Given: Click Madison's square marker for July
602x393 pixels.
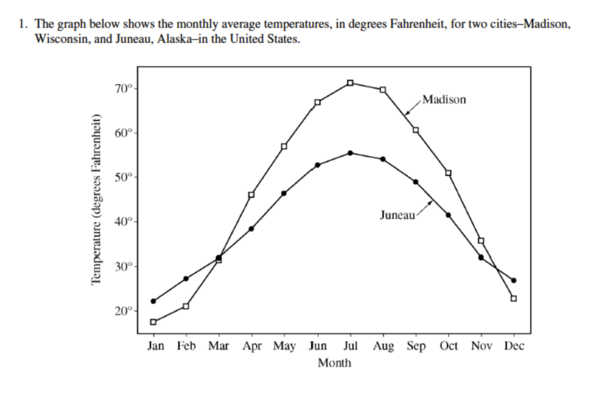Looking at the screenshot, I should [350, 83].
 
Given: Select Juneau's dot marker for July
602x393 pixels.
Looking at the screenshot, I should [350, 153].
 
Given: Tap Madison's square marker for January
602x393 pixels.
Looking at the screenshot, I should [154, 322].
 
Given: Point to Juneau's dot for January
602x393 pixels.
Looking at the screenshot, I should [154, 301].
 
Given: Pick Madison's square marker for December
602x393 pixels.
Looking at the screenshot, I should [514, 298].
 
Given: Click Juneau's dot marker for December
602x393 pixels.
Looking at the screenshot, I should [514, 280].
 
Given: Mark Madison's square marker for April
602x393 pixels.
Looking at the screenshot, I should [251, 194].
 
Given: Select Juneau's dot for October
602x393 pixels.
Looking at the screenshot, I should [448, 215].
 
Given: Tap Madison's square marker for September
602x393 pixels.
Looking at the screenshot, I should [416, 130].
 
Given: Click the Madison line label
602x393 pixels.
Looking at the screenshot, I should [445, 100].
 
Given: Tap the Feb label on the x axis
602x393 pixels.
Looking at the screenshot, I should [186, 346].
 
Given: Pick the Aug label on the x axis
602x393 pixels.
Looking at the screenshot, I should [383, 346].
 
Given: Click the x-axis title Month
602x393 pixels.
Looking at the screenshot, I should [334, 363].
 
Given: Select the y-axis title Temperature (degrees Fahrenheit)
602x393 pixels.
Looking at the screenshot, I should [96, 200].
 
